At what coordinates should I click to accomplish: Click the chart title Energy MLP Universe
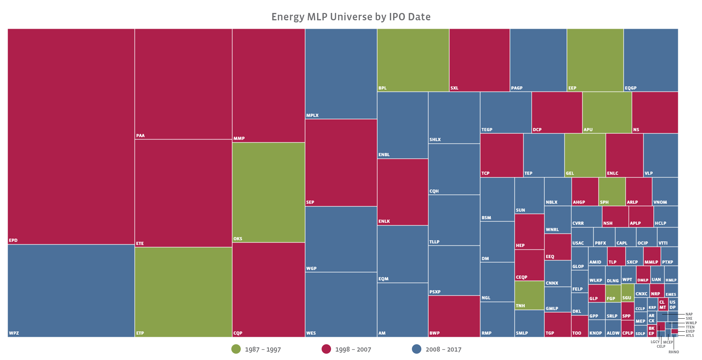click(351, 17)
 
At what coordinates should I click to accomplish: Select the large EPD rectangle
click(71, 137)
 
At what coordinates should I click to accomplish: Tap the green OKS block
click(268, 192)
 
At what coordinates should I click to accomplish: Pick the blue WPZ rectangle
click(71, 291)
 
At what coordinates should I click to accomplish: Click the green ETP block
click(183, 292)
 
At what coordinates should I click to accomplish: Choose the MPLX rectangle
click(341, 74)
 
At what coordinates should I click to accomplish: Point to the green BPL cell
click(413, 60)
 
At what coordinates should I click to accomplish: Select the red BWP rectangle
click(454, 316)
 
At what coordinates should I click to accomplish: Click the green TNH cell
click(529, 295)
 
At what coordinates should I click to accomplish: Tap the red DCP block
click(557, 112)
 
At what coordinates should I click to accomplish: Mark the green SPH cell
click(612, 191)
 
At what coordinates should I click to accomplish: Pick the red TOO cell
click(580, 326)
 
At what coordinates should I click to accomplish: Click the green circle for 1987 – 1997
click(236, 349)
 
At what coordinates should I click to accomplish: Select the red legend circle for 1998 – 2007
click(326, 349)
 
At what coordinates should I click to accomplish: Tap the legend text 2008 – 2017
click(443, 349)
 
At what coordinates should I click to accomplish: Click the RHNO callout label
click(674, 352)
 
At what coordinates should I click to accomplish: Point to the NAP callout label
click(689, 314)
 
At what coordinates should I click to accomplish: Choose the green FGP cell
click(613, 293)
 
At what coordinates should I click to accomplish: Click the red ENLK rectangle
click(402, 192)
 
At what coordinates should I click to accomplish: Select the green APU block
click(607, 112)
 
